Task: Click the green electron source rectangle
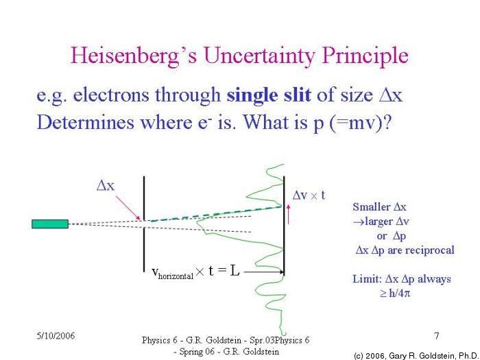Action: [x=50, y=224]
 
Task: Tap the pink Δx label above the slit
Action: [x=106, y=185]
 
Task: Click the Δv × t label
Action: [x=309, y=195]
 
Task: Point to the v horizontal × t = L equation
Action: [x=195, y=272]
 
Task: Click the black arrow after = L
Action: [x=262, y=272]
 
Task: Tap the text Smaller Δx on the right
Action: [x=381, y=206]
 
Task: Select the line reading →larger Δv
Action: [x=381, y=221]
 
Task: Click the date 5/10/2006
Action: [x=56, y=336]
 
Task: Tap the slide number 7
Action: [x=437, y=336]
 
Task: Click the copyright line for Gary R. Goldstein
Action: [x=416, y=355]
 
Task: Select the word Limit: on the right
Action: [x=366, y=279]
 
